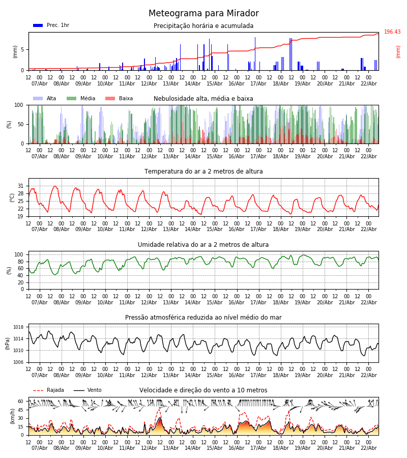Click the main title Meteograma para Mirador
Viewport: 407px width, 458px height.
[203, 14]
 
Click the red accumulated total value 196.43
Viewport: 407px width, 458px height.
[392, 32]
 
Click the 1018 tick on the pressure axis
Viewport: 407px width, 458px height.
[19, 327]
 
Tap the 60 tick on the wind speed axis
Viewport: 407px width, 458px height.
[21, 401]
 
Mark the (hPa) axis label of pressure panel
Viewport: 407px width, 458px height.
[8, 343]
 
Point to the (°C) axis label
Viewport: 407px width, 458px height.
[12, 197]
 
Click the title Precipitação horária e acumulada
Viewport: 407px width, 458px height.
[203, 26]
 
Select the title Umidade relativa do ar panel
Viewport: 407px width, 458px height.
[203, 245]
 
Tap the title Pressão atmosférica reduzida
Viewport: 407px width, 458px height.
[203, 318]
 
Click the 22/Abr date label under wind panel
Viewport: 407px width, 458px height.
[368, 448]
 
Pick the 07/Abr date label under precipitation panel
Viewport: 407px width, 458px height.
[39, 83]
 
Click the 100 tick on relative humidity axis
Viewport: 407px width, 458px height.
[19, 254]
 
